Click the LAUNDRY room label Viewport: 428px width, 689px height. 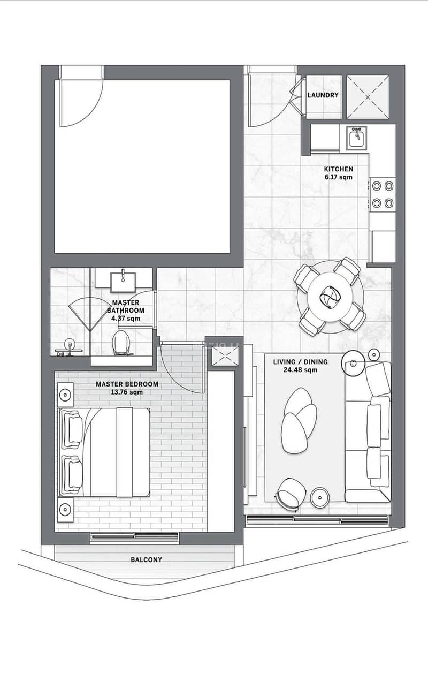coord(323,95)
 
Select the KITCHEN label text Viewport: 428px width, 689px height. coord(339,169)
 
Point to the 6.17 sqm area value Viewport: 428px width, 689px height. coord(339,177)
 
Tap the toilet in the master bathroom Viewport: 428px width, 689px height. coord(121,343)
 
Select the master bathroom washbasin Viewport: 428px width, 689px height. coord(123,281)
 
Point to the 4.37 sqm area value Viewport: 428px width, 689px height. coord(126,319)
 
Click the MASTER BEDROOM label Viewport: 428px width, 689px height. coord(127,384)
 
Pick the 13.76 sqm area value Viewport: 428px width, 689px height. coord(127,392)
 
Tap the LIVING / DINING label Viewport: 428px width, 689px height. coord(300,362)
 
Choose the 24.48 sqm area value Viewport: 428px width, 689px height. coord(300,370)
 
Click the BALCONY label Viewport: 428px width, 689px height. coord(147,559)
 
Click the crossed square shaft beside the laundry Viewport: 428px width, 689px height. coord(368,97)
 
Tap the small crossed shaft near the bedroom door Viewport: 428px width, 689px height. coord(225,356)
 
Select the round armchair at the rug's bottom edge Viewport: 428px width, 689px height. coord(291,495)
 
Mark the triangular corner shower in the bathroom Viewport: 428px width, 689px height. coord(90,314)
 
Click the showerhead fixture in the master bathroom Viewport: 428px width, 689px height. coord(69,347)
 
